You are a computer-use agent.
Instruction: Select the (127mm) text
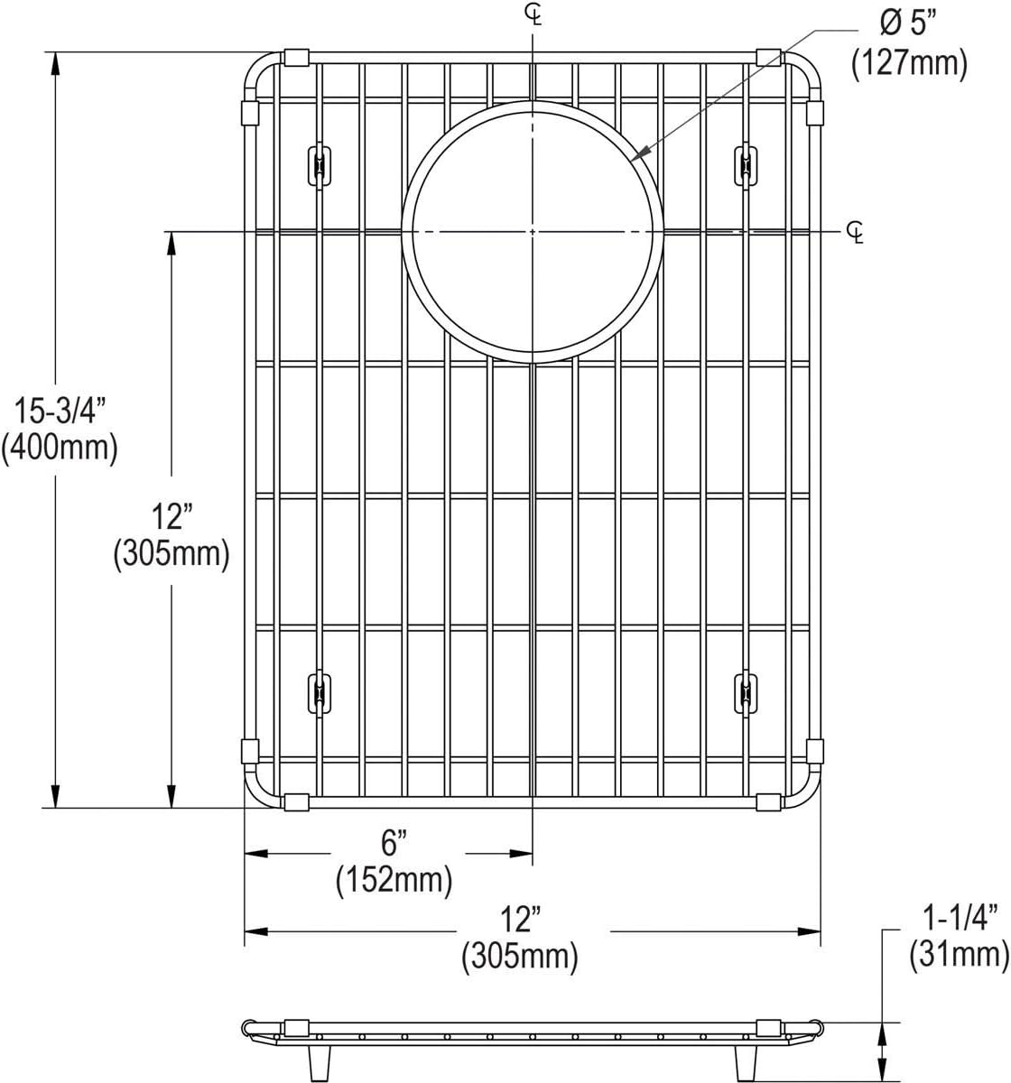click(x=909, y=63)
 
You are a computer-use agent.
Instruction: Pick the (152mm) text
click(x=394, y=880)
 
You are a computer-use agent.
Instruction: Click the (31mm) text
click(x=960, y=953)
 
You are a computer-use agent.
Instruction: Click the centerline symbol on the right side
click(x=856, y=233)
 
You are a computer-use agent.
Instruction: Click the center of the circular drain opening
click(x=533, y=232)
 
